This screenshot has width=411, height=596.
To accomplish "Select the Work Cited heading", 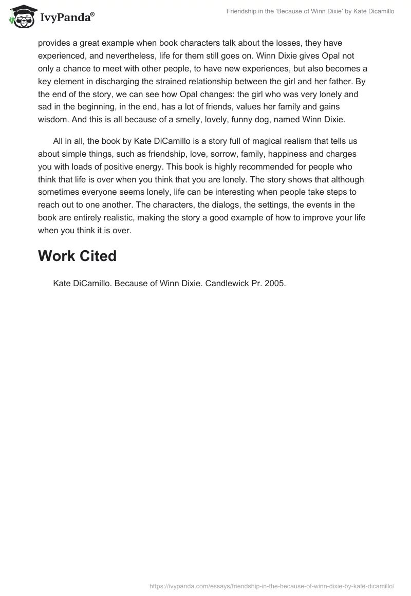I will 77,256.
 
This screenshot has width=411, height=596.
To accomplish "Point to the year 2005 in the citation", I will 275,283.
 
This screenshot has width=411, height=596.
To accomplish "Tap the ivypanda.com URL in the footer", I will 271,586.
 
